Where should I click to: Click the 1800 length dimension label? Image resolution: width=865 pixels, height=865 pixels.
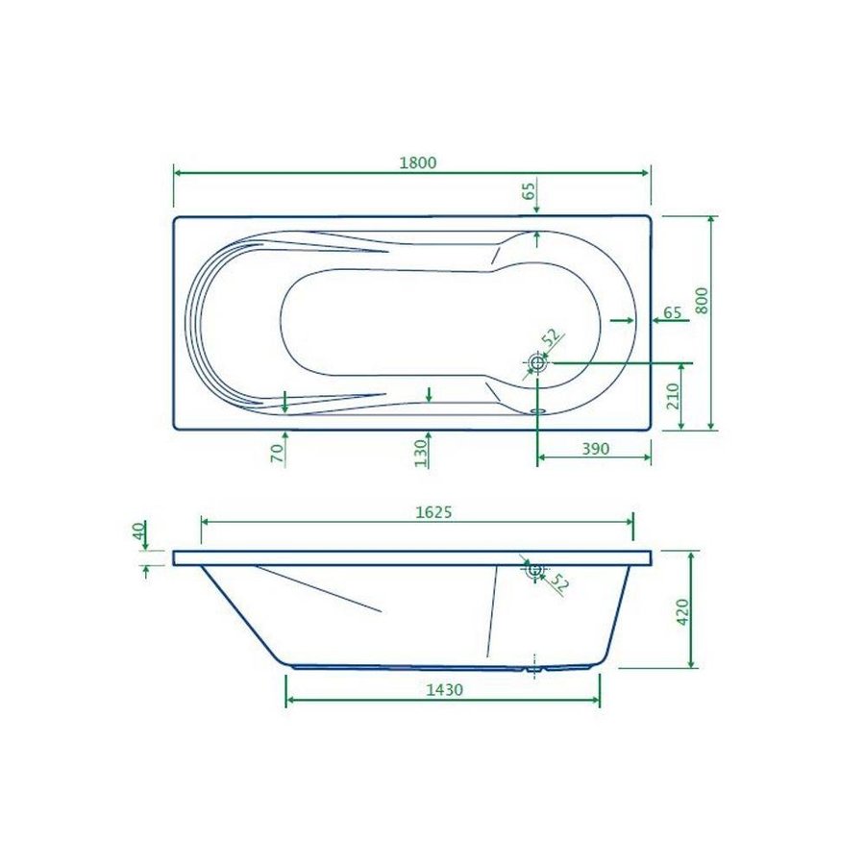418,162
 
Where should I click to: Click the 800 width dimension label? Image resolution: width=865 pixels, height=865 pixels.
702,300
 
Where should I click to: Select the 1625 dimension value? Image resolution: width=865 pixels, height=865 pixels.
433,512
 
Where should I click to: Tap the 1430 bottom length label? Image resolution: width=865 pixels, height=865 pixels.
445,689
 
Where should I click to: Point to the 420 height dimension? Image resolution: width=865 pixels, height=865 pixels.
682,611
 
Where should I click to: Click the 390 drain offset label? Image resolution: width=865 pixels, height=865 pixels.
596,449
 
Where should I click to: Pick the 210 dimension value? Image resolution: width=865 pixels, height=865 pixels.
673,396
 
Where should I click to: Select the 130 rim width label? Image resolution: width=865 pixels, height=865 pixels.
421,453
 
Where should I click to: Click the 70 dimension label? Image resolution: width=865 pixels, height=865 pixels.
278,453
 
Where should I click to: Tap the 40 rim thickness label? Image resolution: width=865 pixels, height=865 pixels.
138,531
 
